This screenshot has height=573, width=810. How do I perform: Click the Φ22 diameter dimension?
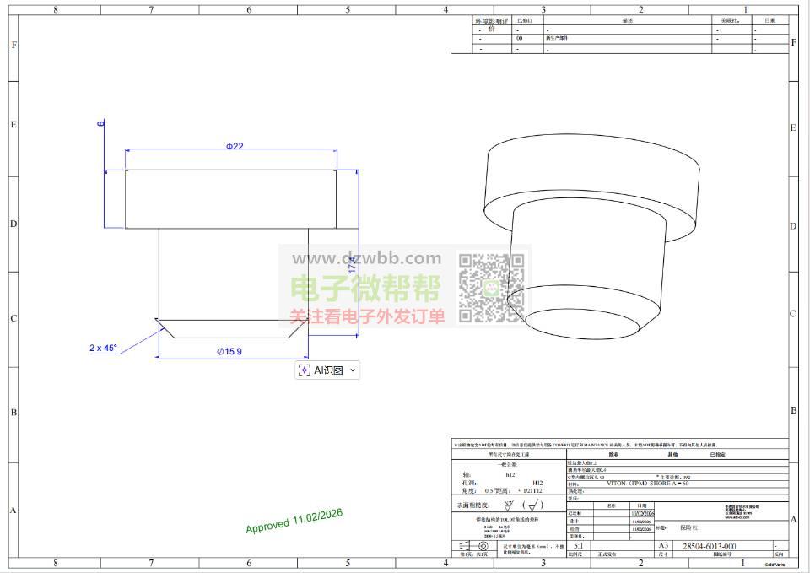coord(235,146)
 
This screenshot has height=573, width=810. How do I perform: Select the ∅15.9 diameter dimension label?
coord(229,351)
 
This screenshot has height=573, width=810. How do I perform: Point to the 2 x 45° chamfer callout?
coord(104,348)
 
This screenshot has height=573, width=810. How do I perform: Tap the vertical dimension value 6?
coord(101,123)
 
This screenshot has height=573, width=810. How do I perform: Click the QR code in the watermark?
coord(492,288)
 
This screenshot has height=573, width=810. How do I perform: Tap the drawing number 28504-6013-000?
coord(708,546)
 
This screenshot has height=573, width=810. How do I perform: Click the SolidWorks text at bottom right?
coord(775,565)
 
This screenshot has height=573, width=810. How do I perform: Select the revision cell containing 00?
coord(520,38)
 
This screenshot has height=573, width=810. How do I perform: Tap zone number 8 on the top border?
coord(56,10)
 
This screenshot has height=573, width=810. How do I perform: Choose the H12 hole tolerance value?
coord(537,483)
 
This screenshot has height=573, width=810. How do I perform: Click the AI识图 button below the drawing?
coord(327,370)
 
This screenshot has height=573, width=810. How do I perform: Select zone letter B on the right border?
coord(793,410)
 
